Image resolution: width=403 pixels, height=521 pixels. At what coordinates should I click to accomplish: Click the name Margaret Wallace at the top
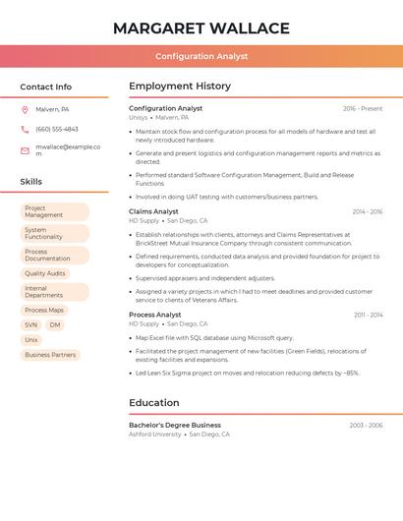(x=201, y=29)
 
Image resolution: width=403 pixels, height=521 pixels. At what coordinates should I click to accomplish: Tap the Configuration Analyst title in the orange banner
(x=201, y=57)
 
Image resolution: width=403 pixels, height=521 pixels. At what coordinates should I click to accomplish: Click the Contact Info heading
(x=46, y=87)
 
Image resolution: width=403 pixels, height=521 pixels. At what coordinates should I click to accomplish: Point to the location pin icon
(x=25, y=110)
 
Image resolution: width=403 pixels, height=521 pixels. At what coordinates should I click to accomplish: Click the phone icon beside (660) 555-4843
(x=25, y=129)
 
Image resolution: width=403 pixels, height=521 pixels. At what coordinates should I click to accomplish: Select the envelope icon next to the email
(x=25, y=150)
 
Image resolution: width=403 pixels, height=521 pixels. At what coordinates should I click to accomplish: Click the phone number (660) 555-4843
(x=57, y=129)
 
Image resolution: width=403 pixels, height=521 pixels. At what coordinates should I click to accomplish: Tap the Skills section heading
(x=31, y=182)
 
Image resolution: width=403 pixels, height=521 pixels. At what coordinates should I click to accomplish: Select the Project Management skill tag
(x=54, y=211)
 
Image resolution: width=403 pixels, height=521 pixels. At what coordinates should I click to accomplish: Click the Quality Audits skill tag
(x=45, y=273)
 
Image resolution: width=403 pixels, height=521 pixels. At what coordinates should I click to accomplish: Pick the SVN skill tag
(x=31, y=324)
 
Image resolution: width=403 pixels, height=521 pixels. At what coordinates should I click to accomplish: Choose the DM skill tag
(x=55, y=324)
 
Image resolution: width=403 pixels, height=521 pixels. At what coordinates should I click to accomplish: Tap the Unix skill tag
(x=31, y=340)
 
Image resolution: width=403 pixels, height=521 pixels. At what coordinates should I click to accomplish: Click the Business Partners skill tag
(x=50, y=355)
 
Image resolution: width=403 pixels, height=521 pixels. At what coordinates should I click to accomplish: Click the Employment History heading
(x=180, y=87)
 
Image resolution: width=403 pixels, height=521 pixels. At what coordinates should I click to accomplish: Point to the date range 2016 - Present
(x=363, y=109)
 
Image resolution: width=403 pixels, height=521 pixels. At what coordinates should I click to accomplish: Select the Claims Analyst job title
(x=153, y=211)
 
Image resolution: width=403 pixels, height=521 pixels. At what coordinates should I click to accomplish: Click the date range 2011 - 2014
(x=369, y=315)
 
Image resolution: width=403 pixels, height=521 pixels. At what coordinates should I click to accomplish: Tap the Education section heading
(x=154, y=403)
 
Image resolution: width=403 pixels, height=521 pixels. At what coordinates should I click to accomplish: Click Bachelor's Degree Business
(x=175, y=426)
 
